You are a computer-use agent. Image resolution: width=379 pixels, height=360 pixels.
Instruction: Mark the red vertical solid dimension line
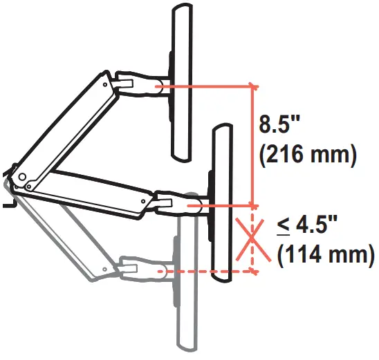click(x=253, y=145)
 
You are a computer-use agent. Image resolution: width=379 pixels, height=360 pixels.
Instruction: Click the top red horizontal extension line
click(x=207, y=86)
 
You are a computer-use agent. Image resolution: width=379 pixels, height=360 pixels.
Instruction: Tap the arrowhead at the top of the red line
click(x=253, y=90)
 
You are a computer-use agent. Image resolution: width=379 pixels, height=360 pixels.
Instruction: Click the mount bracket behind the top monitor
click(x=169, y=83)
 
